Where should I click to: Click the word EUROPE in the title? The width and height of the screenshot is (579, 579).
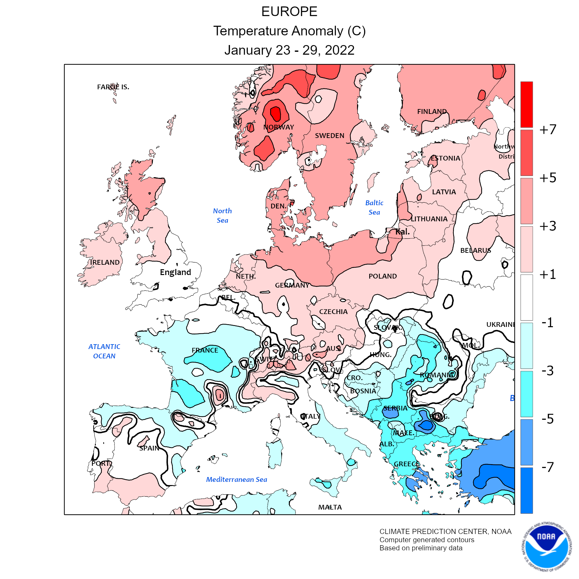point(289,12)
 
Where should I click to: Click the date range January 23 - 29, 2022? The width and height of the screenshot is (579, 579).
point(289,50)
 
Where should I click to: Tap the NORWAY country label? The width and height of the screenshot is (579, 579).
point(279,127)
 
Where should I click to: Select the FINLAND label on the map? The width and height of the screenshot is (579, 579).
point(432,112)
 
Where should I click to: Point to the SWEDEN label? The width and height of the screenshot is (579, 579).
point(329,136)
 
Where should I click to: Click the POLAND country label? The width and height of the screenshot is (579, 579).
point(382,276)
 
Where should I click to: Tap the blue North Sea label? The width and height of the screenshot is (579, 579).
point(222,216)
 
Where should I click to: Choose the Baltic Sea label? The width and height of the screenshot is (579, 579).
point(374,207)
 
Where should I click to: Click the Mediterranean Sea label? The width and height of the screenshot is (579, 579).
point(236,480)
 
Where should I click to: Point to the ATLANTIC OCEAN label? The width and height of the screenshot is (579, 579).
point(104,351)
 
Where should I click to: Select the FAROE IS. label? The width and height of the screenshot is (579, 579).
point(113,87)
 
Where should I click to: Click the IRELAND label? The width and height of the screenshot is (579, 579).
point(105,262)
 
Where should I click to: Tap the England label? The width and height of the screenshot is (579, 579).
point(175,272)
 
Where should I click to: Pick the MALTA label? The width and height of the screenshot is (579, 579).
point(330,507)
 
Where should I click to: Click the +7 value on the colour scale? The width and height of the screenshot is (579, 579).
point(548,129)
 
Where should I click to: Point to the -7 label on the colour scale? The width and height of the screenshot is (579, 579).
point(548,467)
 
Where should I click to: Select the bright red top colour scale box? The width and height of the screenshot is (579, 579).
point(527,104)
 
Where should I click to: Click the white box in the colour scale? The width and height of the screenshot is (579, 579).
point(527,297)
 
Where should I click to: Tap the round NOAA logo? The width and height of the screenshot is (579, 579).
point(547,546)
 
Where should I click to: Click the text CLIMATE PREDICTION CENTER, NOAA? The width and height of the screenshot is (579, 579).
point(445,531)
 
